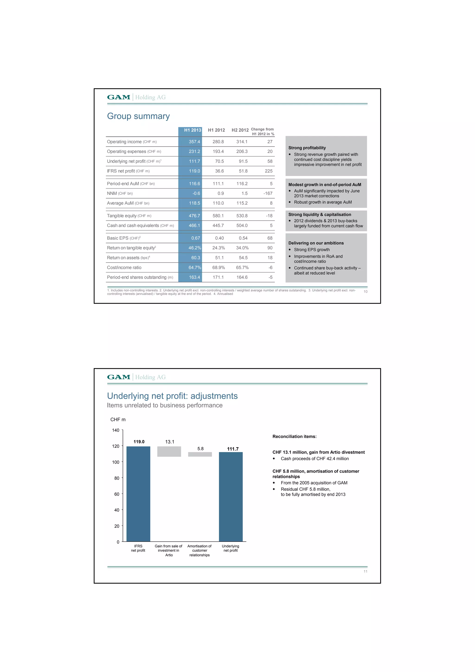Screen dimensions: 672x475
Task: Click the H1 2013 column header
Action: point(192,130)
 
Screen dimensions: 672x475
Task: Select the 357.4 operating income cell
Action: point(194,142)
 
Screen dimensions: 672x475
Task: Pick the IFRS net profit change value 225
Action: point(268,171)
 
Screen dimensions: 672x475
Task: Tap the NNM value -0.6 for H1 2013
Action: point(196,193)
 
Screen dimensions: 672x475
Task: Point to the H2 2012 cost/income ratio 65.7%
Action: point(242,267)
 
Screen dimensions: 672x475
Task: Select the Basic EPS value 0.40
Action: point(219,238)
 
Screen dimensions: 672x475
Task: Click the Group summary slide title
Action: point(138,116)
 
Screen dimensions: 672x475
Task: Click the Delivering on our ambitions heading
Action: point(316,243)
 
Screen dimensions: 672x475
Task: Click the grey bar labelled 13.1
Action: point(169,451)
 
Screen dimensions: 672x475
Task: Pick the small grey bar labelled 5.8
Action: point(200,454)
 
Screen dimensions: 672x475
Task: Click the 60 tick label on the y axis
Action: point(116,494)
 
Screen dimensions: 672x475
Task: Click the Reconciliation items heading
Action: point(294,436)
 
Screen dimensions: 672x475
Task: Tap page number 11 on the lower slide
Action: point(365,571)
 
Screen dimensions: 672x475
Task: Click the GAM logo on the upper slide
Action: point(119,97)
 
